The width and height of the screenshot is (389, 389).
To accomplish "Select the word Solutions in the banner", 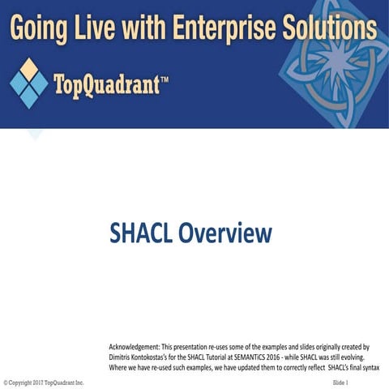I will point(329,29).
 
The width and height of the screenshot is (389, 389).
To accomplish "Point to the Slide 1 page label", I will point(340,382).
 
